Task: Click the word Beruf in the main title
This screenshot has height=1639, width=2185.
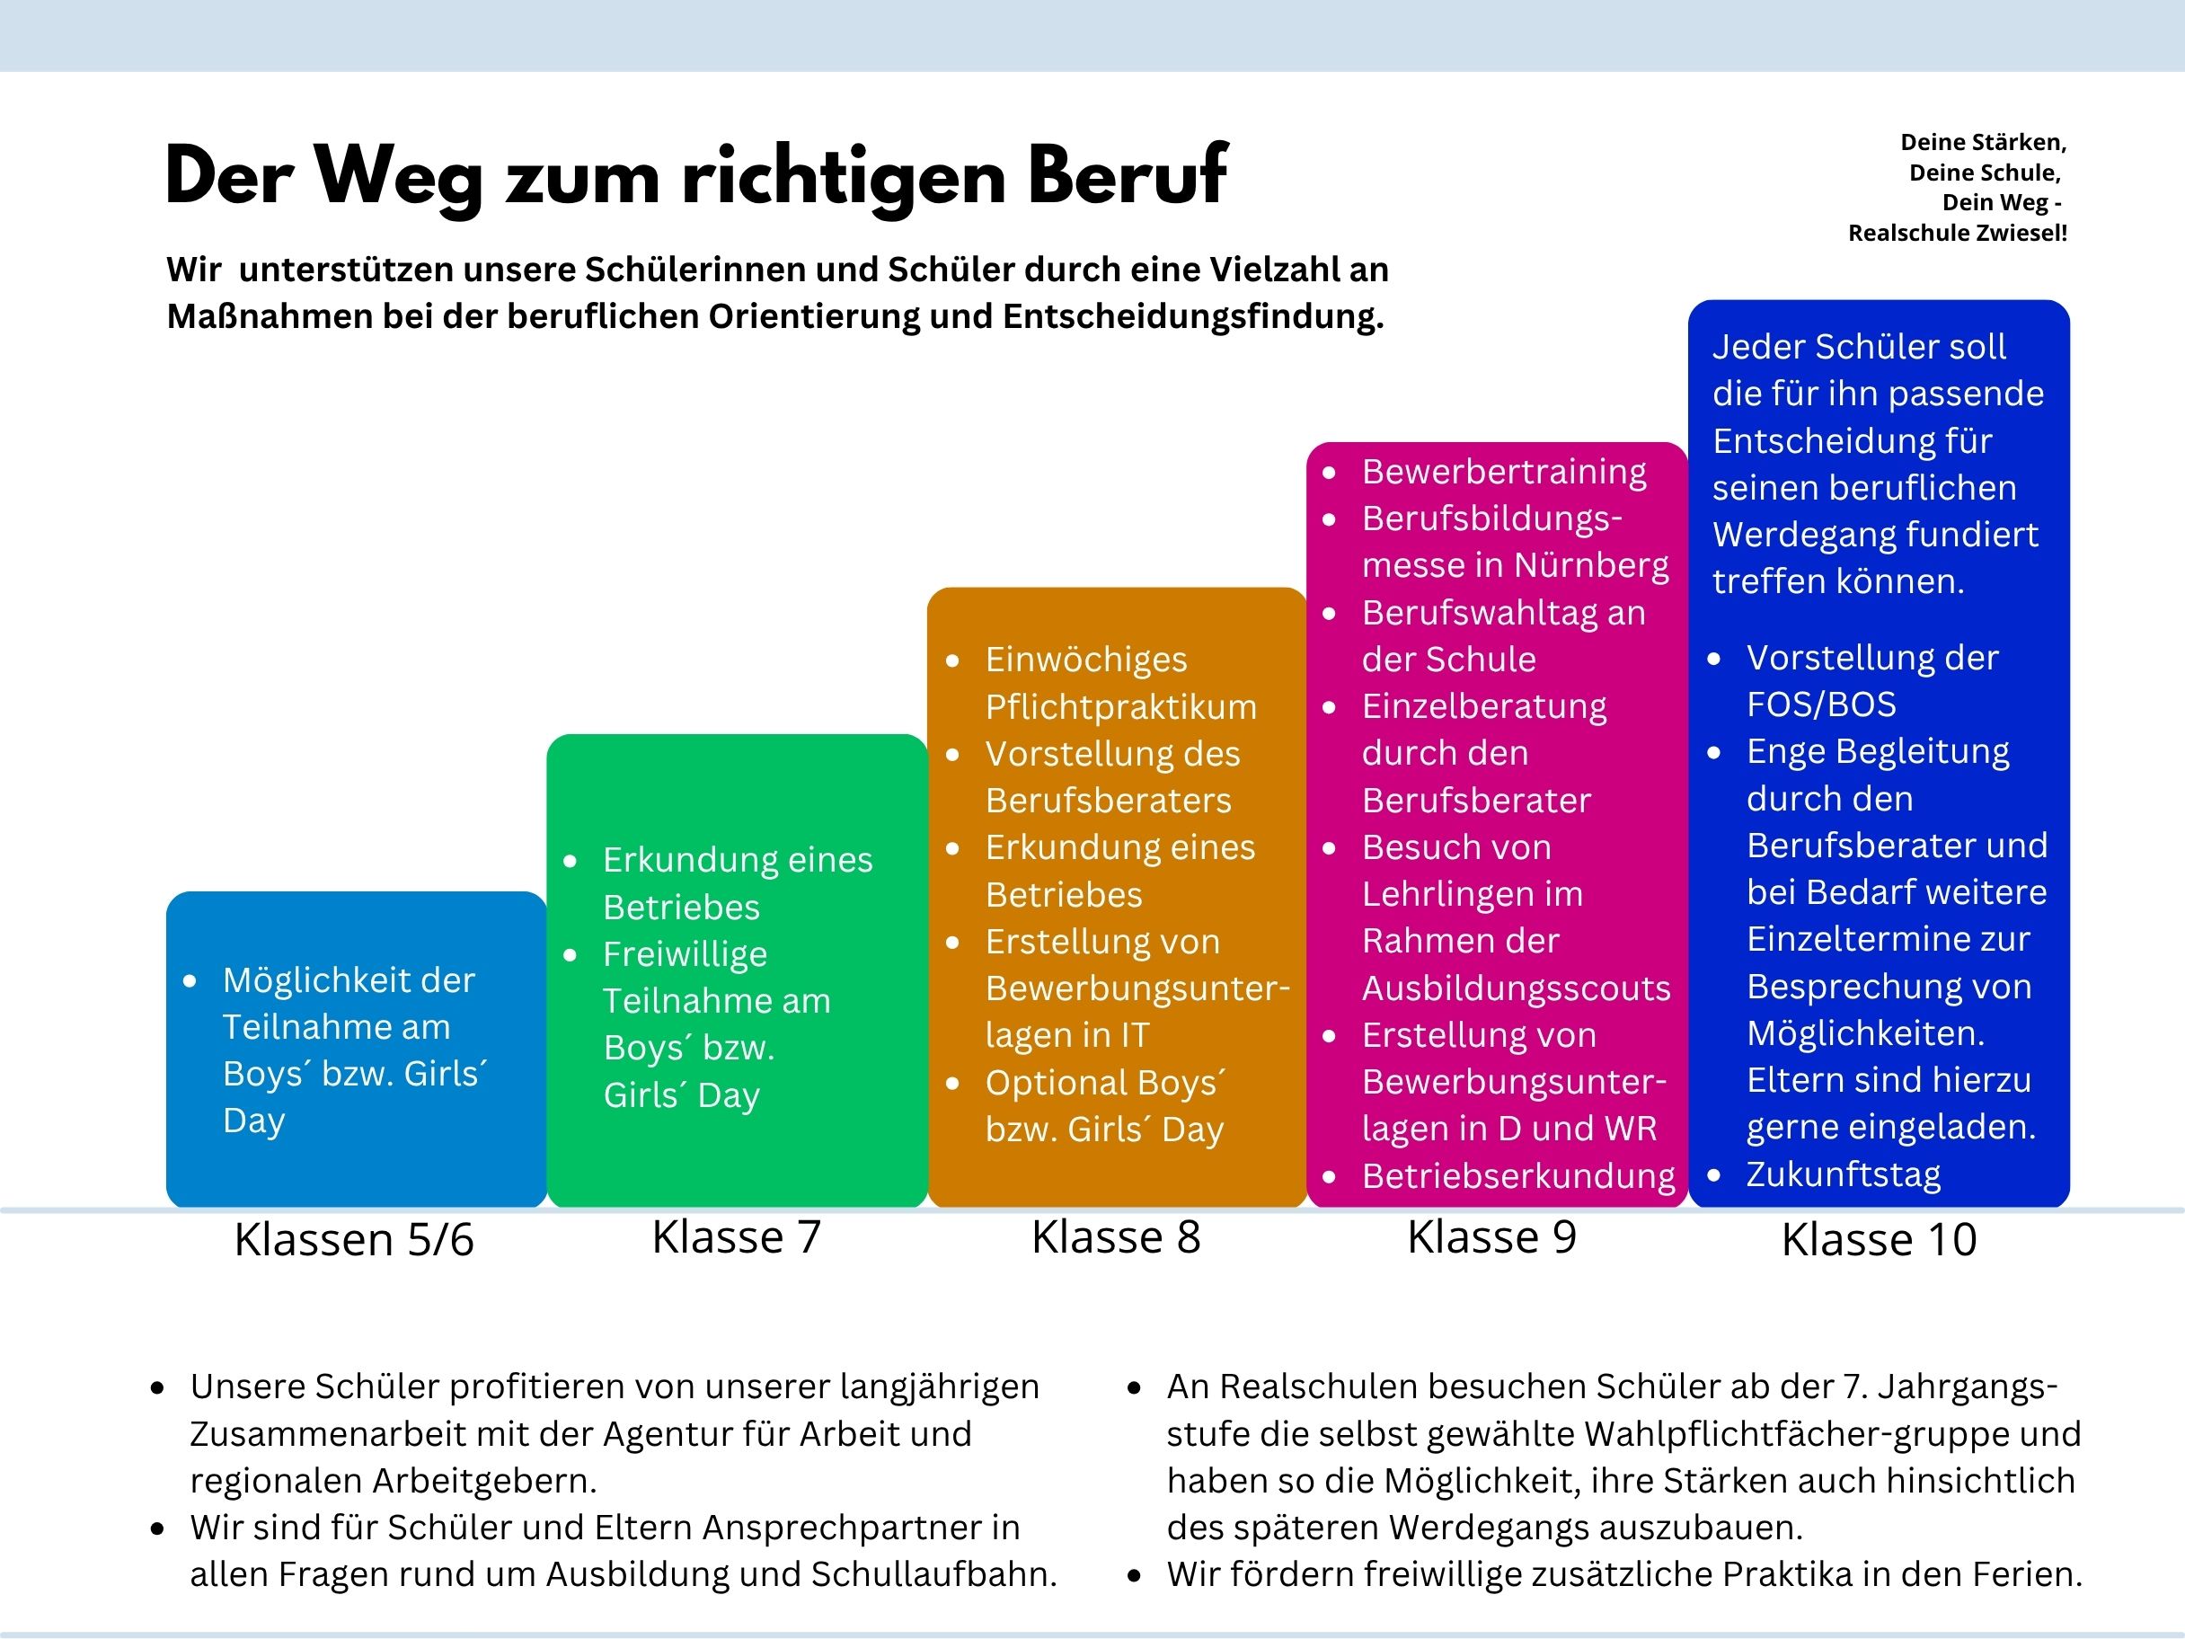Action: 1127,176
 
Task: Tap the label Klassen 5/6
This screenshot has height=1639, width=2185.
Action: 354,1240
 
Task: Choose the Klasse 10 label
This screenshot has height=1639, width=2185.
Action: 1879,1240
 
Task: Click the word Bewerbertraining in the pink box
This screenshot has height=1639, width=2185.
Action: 1503,473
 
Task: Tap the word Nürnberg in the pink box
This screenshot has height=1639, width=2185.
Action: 1591,565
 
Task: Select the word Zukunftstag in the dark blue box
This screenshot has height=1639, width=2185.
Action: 1844,1174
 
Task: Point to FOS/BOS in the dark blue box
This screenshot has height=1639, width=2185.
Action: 1821,704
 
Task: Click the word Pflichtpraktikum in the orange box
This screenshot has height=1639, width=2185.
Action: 1121,707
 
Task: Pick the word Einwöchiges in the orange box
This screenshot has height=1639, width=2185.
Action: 1085,660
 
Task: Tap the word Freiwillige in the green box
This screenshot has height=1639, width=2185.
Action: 686,954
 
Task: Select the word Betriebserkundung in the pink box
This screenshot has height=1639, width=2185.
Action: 1518,1176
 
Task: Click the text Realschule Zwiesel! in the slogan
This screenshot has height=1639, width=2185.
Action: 1957,233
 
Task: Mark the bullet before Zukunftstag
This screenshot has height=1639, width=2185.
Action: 1715,1175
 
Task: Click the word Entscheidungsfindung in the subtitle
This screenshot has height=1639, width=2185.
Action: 1192,316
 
